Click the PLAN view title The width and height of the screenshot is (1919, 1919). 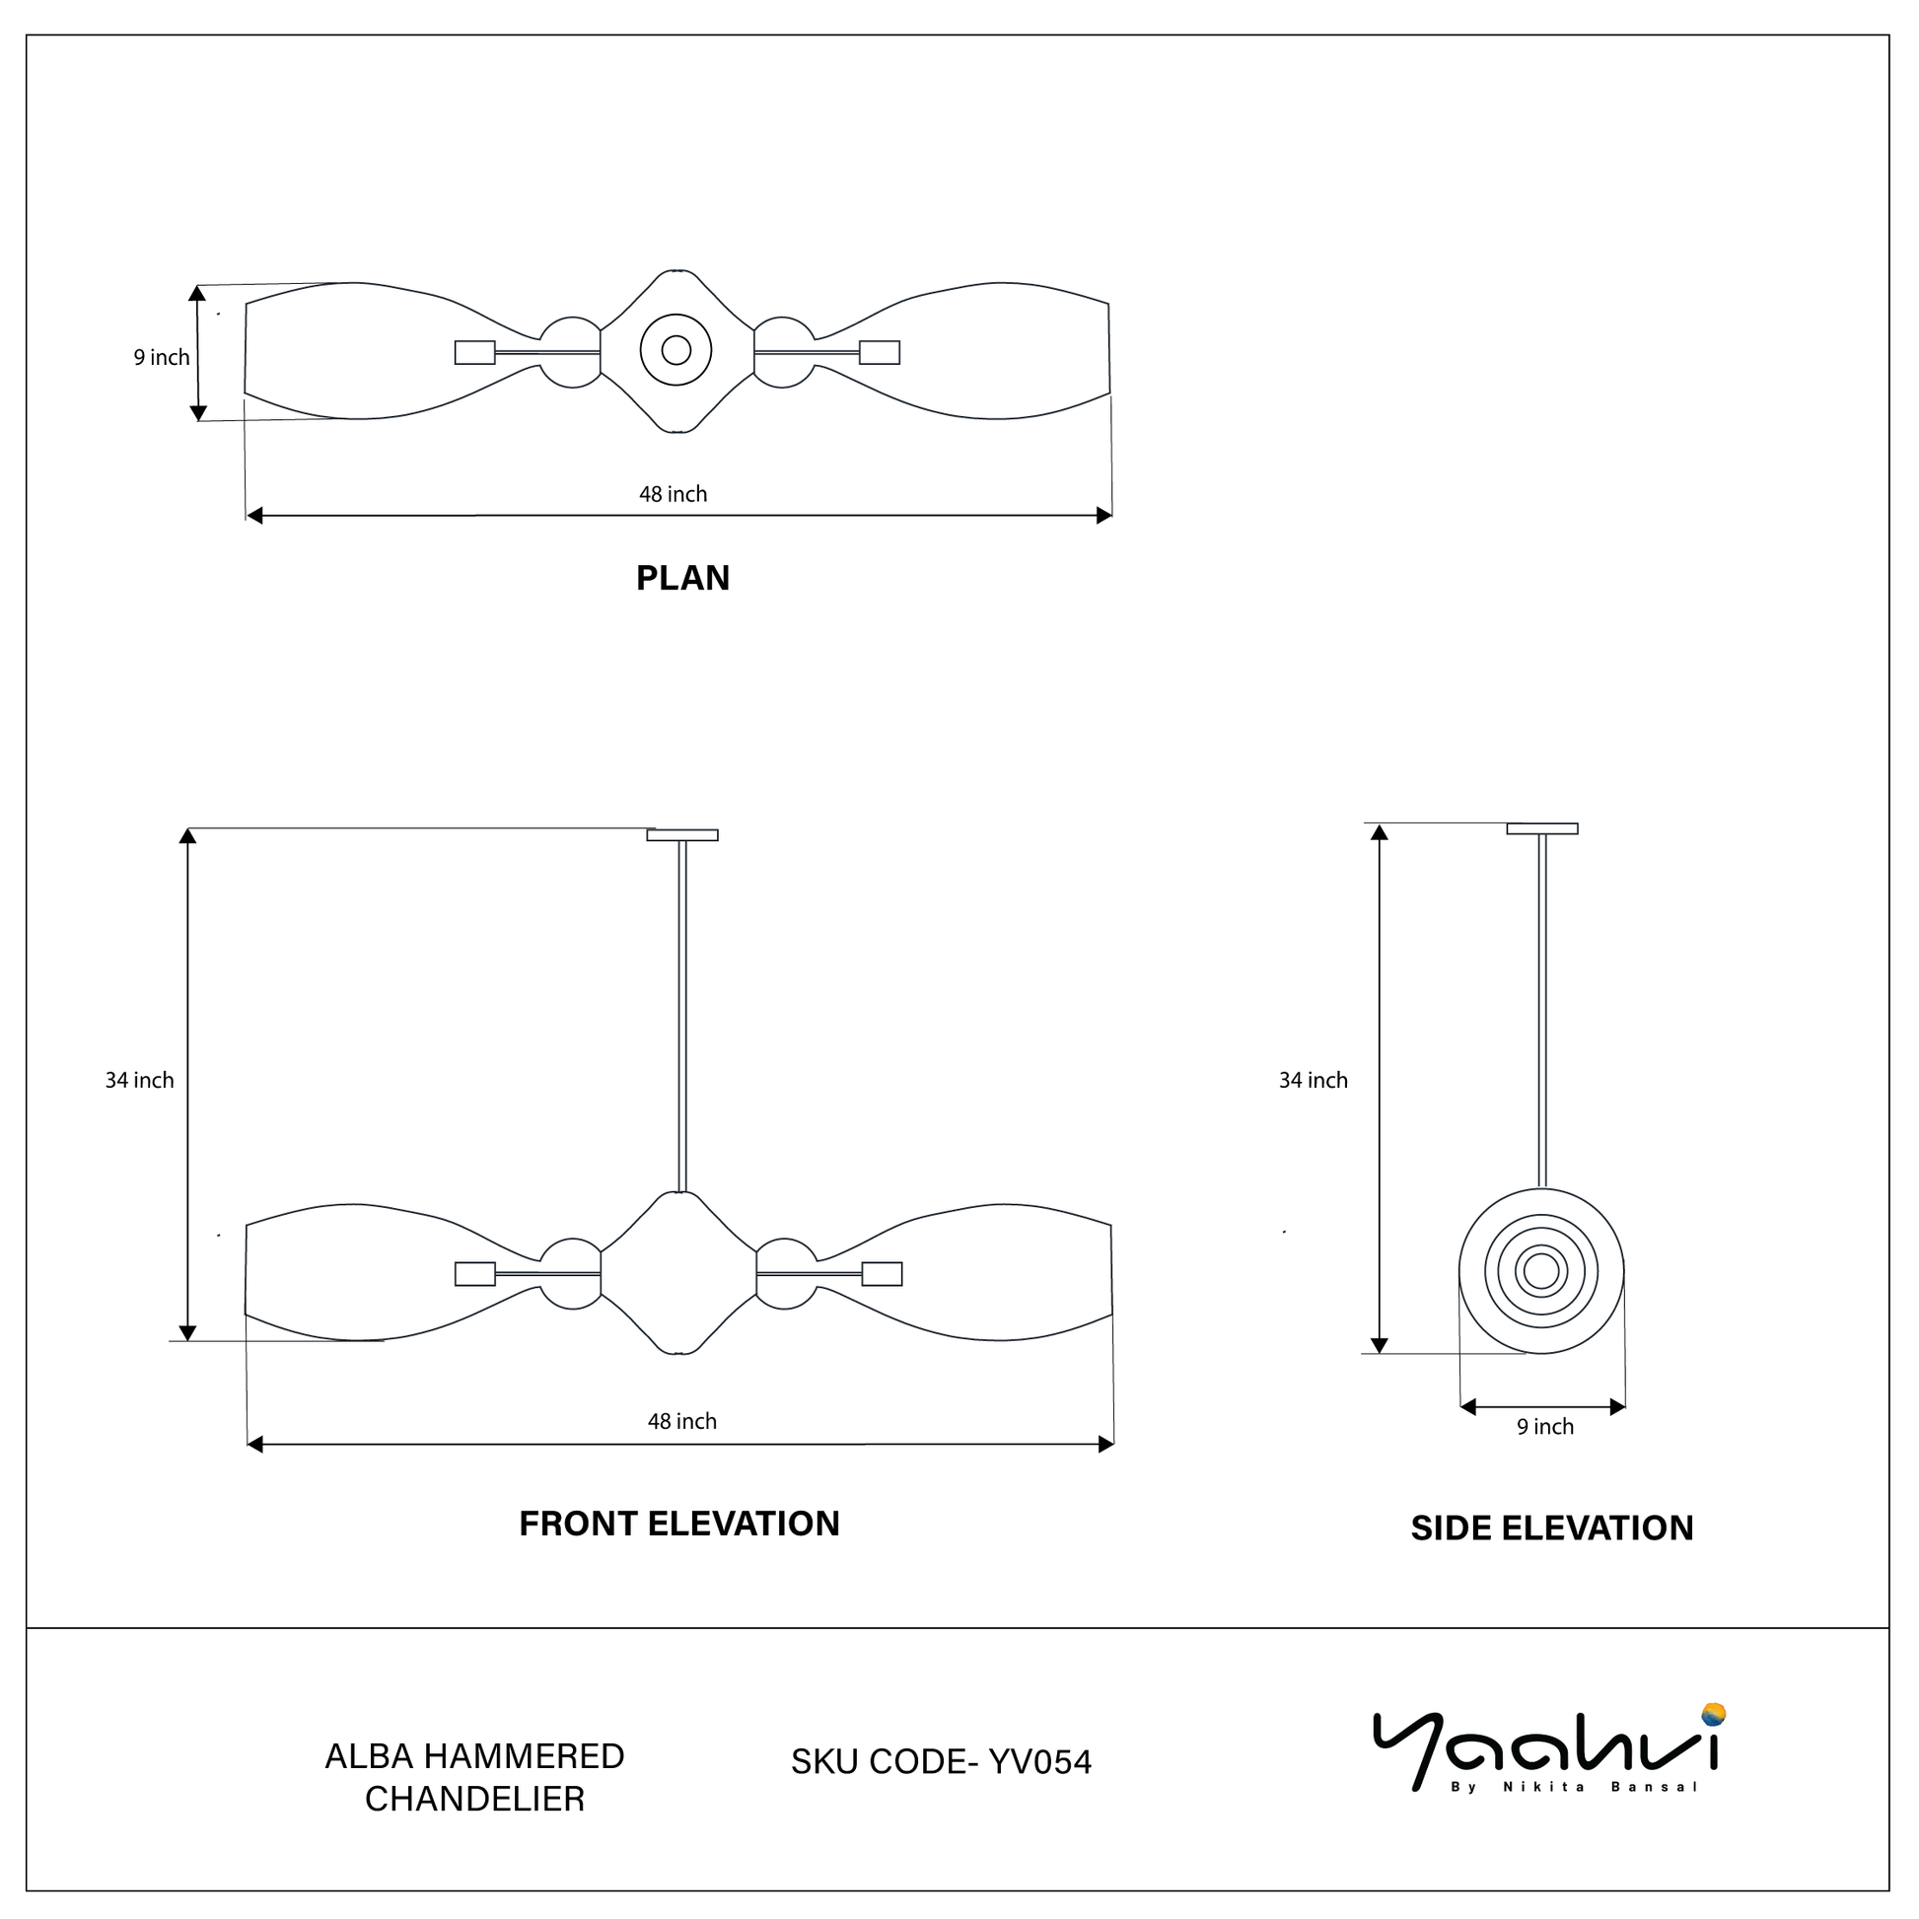point(682,578)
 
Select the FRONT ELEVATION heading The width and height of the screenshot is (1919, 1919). point(679,1524)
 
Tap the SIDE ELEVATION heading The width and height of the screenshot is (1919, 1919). point(1551,1528)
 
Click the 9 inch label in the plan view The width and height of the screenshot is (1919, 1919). point(162,358)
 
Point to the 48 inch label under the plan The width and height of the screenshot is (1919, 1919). point(674,494)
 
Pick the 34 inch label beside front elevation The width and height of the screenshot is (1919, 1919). point(140,1080)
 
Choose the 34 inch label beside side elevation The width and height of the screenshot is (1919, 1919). point(1314,1080)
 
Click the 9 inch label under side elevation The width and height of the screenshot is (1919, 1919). point(1544,1426)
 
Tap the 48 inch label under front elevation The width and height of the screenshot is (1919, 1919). point(682,1421)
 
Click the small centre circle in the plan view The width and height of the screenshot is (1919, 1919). point(676,350)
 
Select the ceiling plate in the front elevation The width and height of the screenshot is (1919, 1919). point(682,835)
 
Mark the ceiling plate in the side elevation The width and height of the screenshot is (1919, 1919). point(1541,828)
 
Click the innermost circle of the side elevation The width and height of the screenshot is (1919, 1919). point(1541,1270)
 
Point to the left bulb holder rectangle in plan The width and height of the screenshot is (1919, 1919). point(474,353)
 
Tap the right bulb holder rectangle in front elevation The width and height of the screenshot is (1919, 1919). point(882,1273)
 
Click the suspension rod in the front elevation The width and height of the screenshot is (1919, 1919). point(682,1013)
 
